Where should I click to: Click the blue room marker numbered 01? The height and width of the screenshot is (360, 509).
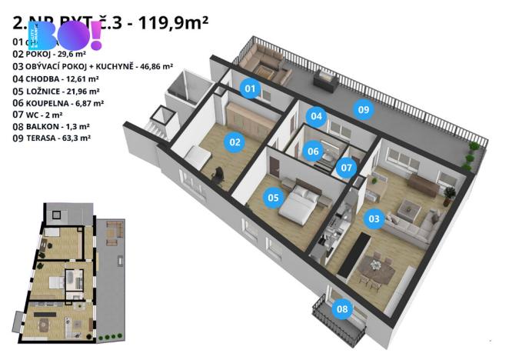(x=250, y=89)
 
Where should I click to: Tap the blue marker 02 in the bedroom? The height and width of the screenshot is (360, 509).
(x=234, y=141)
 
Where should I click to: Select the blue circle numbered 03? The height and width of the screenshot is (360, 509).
(x=374, y=218)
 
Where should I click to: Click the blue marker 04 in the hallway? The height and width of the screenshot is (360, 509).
(x=316, y=116)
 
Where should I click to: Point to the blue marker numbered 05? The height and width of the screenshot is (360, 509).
(x=272, y=198)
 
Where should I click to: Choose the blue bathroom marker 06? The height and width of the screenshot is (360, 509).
(x=312, y=151)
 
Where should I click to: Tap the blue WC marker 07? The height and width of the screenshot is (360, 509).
(x=347, y=166)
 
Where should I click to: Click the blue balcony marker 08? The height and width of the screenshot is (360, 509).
(x=341, y=310)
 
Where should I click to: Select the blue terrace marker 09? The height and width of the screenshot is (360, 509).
(x=364, y=110)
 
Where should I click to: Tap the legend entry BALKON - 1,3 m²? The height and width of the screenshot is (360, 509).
(x=51, y=126)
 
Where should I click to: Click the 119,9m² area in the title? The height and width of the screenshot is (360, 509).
(x=169, y=23)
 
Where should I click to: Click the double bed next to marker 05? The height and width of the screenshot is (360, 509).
(x=298, y=202)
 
